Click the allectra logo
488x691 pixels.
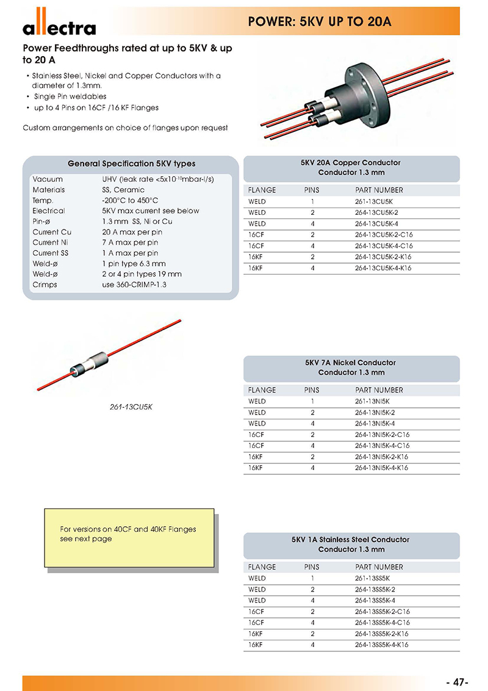59,24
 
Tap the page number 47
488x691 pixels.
457,682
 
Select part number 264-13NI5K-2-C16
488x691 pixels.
382,435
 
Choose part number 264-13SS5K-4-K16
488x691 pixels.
382,645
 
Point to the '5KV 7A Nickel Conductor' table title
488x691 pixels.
351,363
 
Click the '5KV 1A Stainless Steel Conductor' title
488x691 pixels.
351,540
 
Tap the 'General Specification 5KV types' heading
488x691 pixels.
132,164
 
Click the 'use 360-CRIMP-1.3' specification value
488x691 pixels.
134,284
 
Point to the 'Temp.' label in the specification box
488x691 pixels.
43,200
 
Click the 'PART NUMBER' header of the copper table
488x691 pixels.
379,190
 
